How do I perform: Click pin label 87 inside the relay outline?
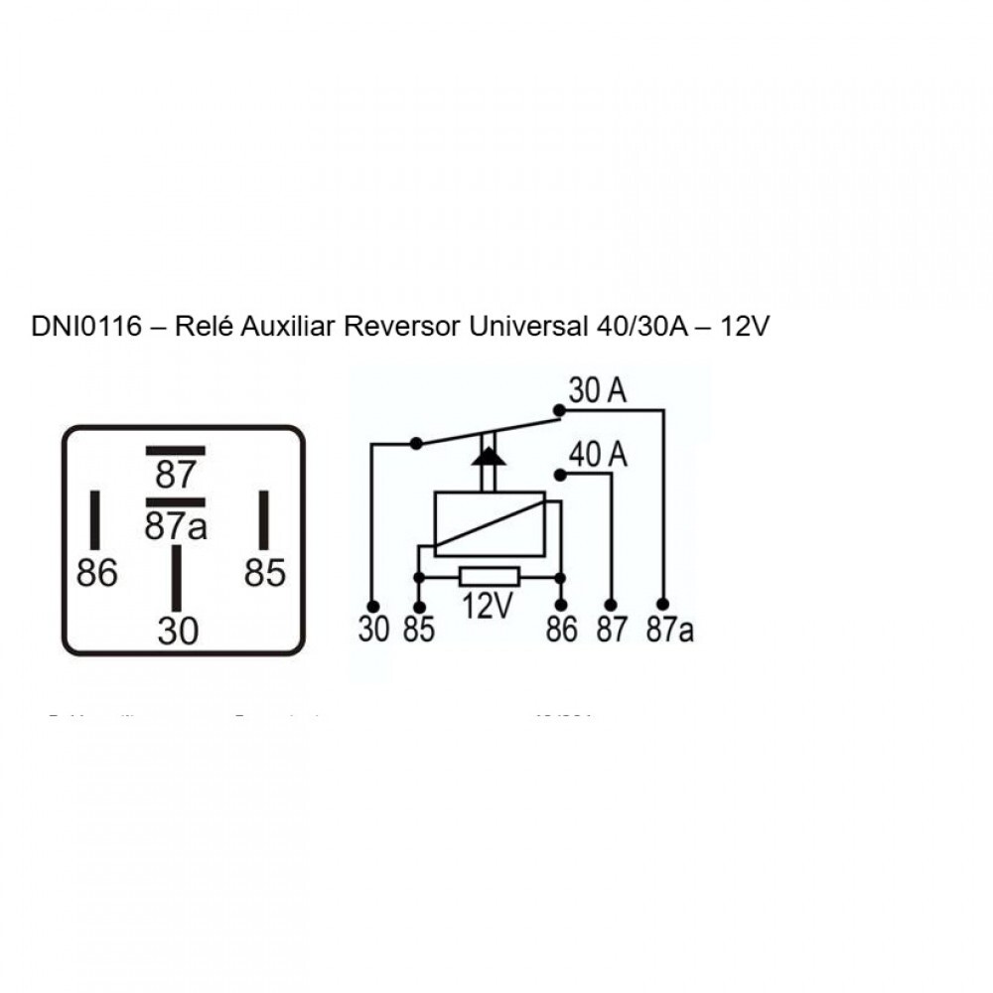(x=176, y=475)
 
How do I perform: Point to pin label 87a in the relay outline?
(x=176, y=526)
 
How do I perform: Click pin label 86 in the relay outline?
(x=96, y=573)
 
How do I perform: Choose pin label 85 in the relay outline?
(x=264, y=573)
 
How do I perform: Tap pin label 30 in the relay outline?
(x=178, y=632)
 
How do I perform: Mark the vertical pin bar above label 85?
(x=265, y=519)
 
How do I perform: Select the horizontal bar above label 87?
(x=176, y=450)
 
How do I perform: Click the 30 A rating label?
(x=597, y=391)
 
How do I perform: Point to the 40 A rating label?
(x=599, y=455)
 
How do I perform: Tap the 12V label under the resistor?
(x=487, y=606)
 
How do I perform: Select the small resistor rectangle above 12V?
(x=489, y=577)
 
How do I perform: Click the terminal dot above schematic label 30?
(x=373, y=605)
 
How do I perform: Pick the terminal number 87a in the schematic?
(x=669, y=631)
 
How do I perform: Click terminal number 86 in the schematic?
(x=561, y=631)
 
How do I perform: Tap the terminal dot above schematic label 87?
(x=612, y=604)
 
